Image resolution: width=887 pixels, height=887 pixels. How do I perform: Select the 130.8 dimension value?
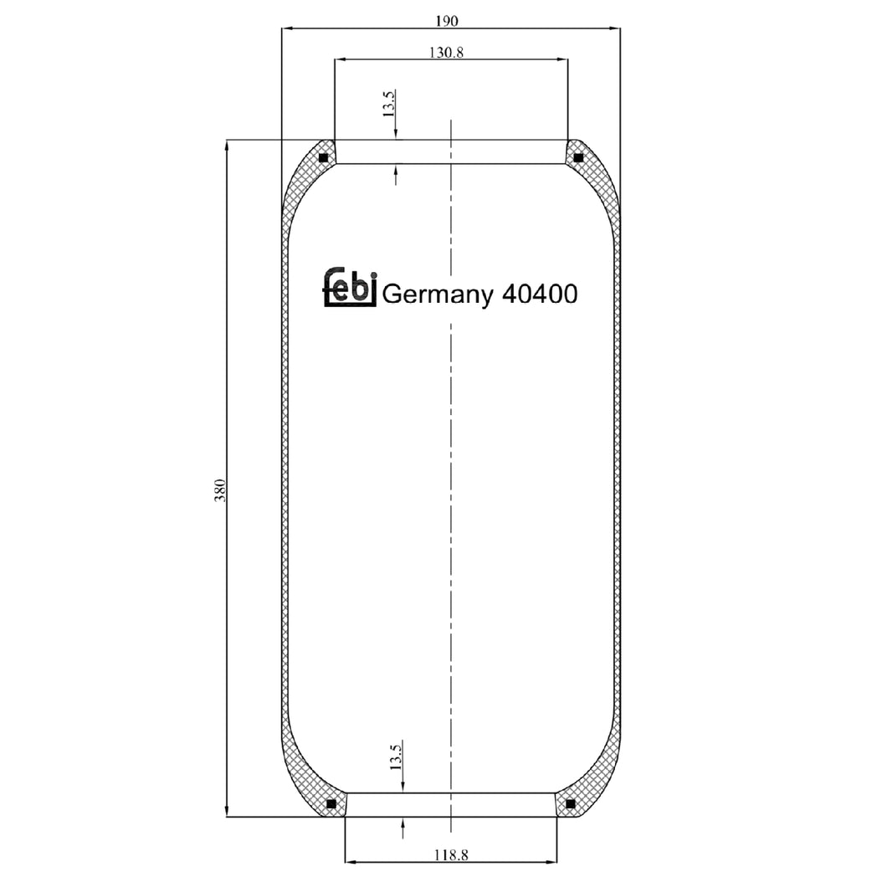tap(447, 52)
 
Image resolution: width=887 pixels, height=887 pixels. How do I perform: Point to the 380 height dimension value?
tap(220, 490)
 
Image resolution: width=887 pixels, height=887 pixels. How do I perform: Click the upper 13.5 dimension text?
tap(388, 104)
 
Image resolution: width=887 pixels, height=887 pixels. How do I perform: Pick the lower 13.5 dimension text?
tap(397, 757)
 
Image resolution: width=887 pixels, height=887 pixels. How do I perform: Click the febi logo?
tap(351, 289)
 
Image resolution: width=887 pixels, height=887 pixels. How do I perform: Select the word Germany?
tap(437, 295)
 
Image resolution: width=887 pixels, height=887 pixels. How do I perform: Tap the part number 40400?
tap(538, 294)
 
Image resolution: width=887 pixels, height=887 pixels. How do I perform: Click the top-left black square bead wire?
tap(324, 157)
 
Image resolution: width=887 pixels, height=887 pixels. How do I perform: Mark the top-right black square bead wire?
tap(578, 157)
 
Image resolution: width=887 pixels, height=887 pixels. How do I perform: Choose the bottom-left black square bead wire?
tap(331, 804)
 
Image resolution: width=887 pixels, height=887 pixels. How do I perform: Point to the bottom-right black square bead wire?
tap(570, 804)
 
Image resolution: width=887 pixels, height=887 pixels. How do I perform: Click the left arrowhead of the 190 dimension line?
tap(286, 28)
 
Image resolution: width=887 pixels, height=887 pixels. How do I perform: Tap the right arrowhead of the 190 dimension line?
tap(615, 28)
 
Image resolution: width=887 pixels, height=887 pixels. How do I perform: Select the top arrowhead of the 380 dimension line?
tap(227, 146)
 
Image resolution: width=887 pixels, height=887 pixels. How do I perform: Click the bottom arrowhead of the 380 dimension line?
tap(227, 811)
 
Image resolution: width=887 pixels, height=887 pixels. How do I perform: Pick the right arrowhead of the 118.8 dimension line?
tap(551, 860)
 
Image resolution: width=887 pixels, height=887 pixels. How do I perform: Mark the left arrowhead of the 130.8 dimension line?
tap(339, 59)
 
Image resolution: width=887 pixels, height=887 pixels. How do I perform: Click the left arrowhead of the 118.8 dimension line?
tap(351, 860)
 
